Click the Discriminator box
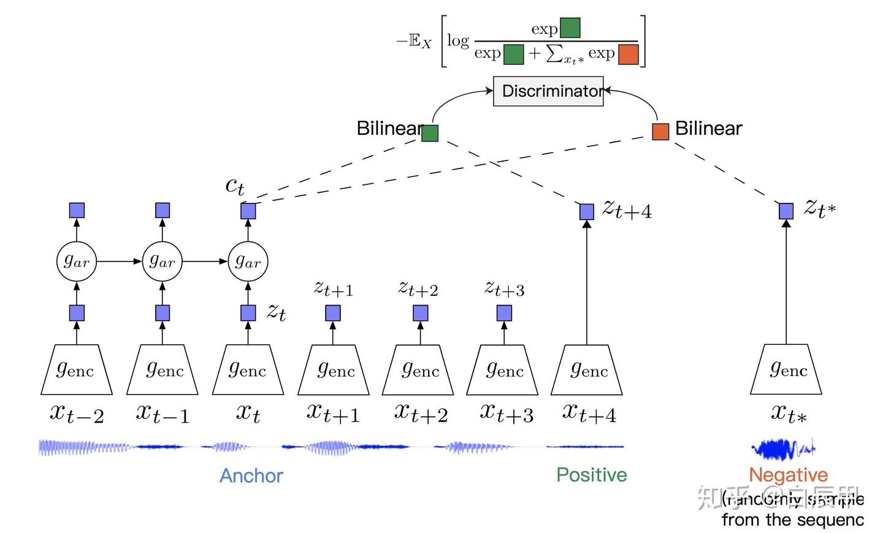[x=548, y=91]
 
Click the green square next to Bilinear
[x=430, y=133]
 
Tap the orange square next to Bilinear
[x=660, y=132]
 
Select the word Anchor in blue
[x=251, y=476]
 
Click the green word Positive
[x=591, y=475]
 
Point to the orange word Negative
[x=788, y=475]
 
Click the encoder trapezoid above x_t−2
[x=77, y=369]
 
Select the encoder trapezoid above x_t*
[x=786, y=369]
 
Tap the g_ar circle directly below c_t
[x=248, y=262]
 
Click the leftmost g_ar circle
[x=77, y=262]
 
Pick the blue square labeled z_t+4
[x=587, y=211]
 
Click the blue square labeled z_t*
[x=786, y=211]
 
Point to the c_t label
[x=235, y=185]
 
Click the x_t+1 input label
[x=333, y=414]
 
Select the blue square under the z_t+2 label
[x=420, y=314]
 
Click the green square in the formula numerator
[x=570, y=28]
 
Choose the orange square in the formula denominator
[x=629, y=55]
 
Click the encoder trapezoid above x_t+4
[x=587, y=369]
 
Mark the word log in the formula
[x=458, y=41]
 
